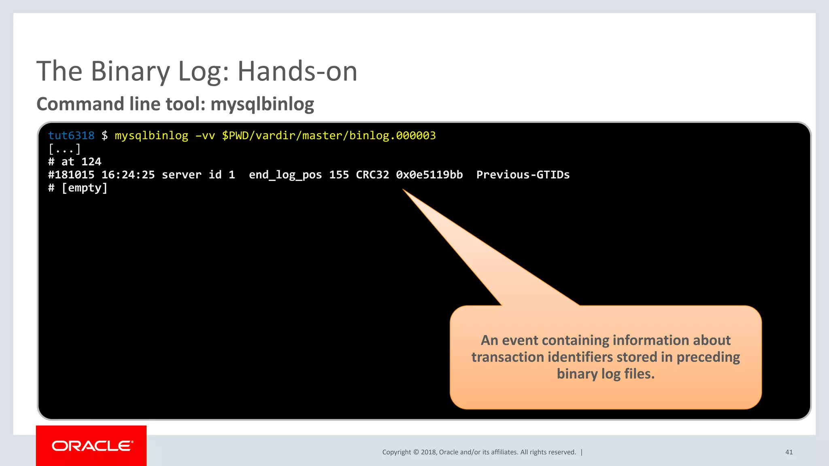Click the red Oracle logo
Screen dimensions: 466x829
click(x=91, y=446)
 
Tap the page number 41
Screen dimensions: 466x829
click(x=789, y=452)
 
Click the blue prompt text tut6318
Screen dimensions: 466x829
click(x=71, y=136)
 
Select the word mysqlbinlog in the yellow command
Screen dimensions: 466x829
click(x=151, y=136)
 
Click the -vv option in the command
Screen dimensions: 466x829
click(x=205, y=136)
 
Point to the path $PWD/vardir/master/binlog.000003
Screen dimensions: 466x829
click(x=329, y=136)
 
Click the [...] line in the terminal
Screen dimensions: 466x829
click(x=64, y=149)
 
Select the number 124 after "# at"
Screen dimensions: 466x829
click(x=91, y=162)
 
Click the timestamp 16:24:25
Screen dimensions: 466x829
click(x=128, y=175)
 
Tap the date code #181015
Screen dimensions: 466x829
click(x=71, y=175)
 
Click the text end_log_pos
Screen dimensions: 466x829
click(x=285, y=175)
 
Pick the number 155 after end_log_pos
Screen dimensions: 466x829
click(x=339, y=175)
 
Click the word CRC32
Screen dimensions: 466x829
click(x=372, y=175)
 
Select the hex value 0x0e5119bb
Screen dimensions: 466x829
click(x=429, y=175)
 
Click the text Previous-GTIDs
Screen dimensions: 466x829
click(x=523, y=175)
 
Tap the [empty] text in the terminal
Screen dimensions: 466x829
click(x=84, y=188)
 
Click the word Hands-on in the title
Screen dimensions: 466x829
click(x=297, y=72)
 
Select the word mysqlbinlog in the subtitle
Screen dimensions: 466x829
click(x=262, y=104)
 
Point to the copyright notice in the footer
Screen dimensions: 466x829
click(x=479, y=452)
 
